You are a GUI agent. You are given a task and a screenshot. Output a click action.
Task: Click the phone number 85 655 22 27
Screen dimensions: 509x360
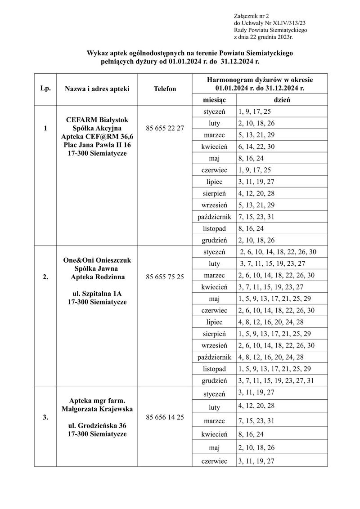pyautogui.click(x=165, y=129)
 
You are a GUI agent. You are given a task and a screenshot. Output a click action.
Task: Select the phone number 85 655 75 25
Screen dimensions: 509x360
pyautogui.click(x=165, y=277)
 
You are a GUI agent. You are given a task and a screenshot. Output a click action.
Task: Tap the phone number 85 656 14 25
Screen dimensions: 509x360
pyautogui.click(x=165, y=417)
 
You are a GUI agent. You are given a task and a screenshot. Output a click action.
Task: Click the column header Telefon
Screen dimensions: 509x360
pyautogui.click(x=165, y=89)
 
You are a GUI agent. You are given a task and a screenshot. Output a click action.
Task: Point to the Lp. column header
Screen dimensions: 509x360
pyautogui.click(x=45, y=89)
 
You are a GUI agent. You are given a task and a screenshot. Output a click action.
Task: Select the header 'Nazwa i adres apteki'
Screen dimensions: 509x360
pyautogui.click(x=97, y=89)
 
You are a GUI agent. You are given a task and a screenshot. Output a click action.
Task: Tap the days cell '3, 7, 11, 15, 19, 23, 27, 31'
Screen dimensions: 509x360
pyautogui.click(x=277, y=380)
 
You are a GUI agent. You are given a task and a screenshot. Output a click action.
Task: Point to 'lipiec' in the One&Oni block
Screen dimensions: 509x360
pyautogui.click(x=214, y=322)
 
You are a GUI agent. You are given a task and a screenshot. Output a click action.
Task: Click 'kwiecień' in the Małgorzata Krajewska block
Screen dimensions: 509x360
pyautogui.click(x=214, y=434)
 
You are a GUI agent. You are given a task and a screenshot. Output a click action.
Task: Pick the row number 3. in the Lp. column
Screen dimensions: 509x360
pyautogui.click(x=45, y=417)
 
